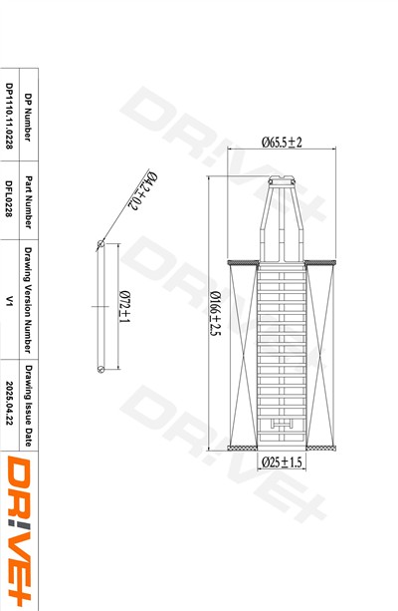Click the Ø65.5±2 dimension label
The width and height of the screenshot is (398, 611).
[282, 143]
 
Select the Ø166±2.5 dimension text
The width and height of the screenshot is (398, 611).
[215, 314]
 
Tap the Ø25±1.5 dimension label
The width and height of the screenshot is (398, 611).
[282, 462]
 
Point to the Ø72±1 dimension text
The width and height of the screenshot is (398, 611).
[125, 307]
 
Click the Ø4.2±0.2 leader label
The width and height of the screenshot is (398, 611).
[143, 190]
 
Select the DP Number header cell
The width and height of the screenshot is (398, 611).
[28, 117]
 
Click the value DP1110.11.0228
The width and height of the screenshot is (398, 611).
[9, 116]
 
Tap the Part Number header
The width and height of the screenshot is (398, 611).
[29, 202]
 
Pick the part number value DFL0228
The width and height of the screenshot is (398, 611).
[9, 198]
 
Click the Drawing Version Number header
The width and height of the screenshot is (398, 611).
[28, 300]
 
